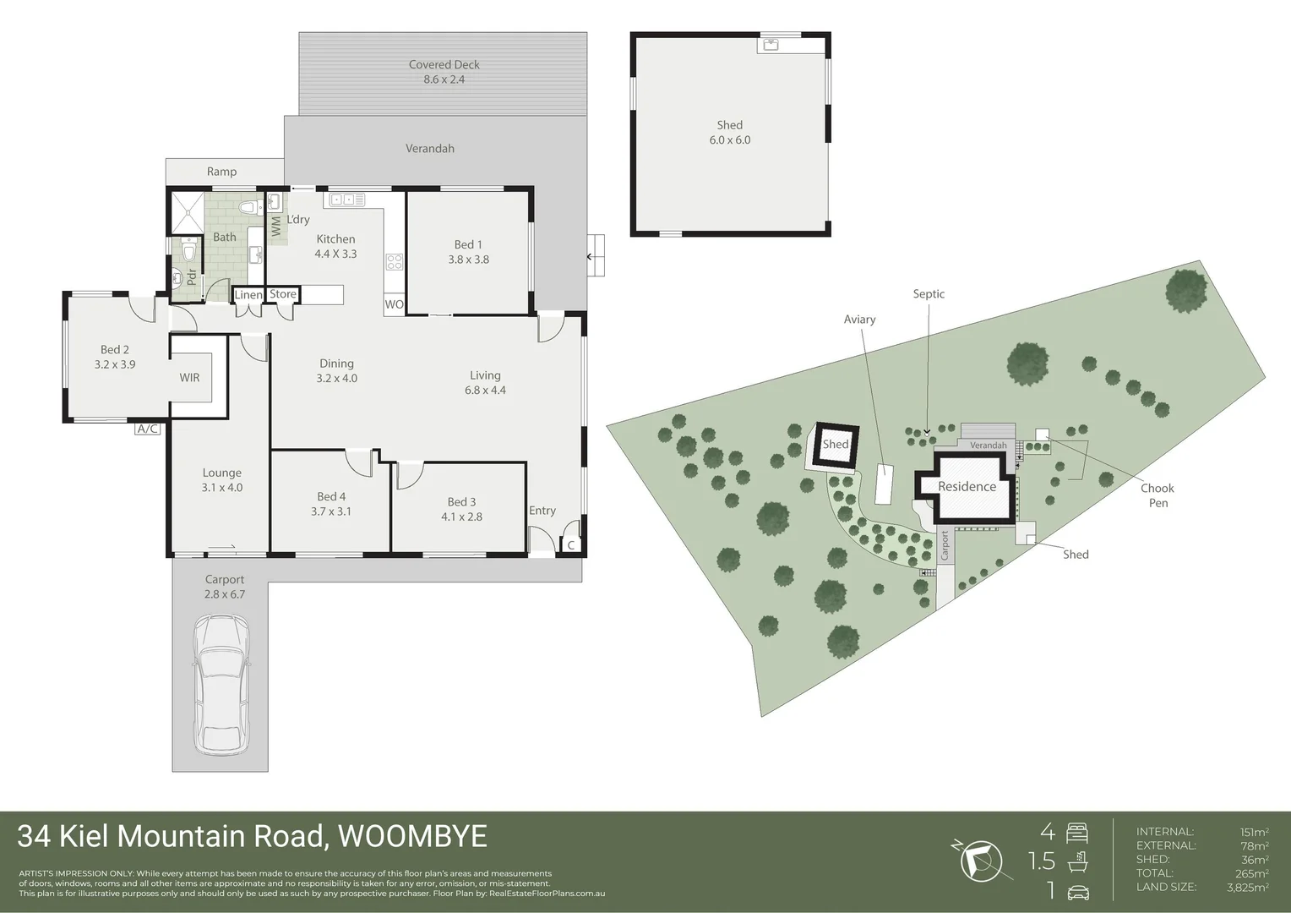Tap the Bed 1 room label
pyautogui.click(x=468, y=252)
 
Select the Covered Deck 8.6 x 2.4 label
pyautogui.click(x=444, y=72)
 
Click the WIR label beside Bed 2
pyautogui.click(x=189, y=377)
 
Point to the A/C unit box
pyautogui.click(x=147, y=429)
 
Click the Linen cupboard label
pyautogui.click(x=248, y=295)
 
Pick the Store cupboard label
pyautogui.click(x=283, y=294)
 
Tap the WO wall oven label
pyautogui.click(x=394, y=304)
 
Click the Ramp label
pyautogui.click(x=221, y=172)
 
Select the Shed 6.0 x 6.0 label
pyautogui.click(x=730, y=133)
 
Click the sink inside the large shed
pyautogui.click(x=771, y=44)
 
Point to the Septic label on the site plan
pyautogui.click(x=929, y=294)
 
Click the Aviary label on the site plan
pyautogui.click(x=859, y=320)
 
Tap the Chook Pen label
pyautogui.click(x=1158, y=495)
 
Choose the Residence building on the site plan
pyautogui.click(x=967, y=487)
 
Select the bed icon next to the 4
pyautogui.click(x=1077, y=833)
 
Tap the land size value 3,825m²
pyautogui.click(x=1247, y=887)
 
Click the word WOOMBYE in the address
pyautogui.click(x=412, y=836)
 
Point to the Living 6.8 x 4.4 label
pyautogui.click(x=485, y=382)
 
